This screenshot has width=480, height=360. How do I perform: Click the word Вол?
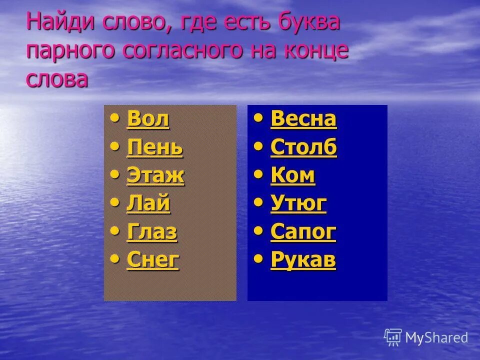(x=148, y=119)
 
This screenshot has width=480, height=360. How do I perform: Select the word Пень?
(x=155, y=147)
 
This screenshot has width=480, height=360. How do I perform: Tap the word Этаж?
(x=155, y=175)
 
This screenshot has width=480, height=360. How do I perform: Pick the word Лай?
(x=148, y=203)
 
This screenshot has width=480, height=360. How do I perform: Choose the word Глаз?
(x=152, y=231)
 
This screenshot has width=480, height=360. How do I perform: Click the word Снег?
(x=153, y=259)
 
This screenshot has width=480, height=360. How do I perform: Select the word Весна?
(x=303, y=119)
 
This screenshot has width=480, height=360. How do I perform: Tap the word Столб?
(x=303, y=147)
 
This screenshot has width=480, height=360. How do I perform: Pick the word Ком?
(x=292, y=175)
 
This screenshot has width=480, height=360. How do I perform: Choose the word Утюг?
(x=298, y=203)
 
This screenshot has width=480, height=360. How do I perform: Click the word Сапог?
(x=303, y=231)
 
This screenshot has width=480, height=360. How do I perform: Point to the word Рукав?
(x=303, y=259)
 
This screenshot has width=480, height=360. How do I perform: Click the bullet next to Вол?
(x=115, y=118)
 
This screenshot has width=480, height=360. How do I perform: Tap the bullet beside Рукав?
(x=258, y=258)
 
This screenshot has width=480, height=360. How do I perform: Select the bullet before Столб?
(x=258, y=146)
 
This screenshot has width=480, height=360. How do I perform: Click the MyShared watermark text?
(x=436, y=338)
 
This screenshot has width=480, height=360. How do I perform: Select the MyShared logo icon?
(x=393, y=337)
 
